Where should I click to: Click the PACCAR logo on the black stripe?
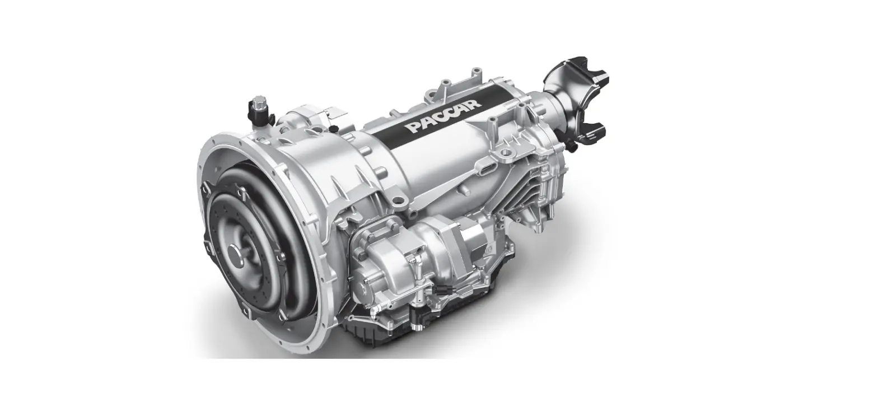click(x=443, y=116)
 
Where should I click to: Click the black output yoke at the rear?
click(x=576, y=102)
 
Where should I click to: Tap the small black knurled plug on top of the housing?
click(x=334, y=129)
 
